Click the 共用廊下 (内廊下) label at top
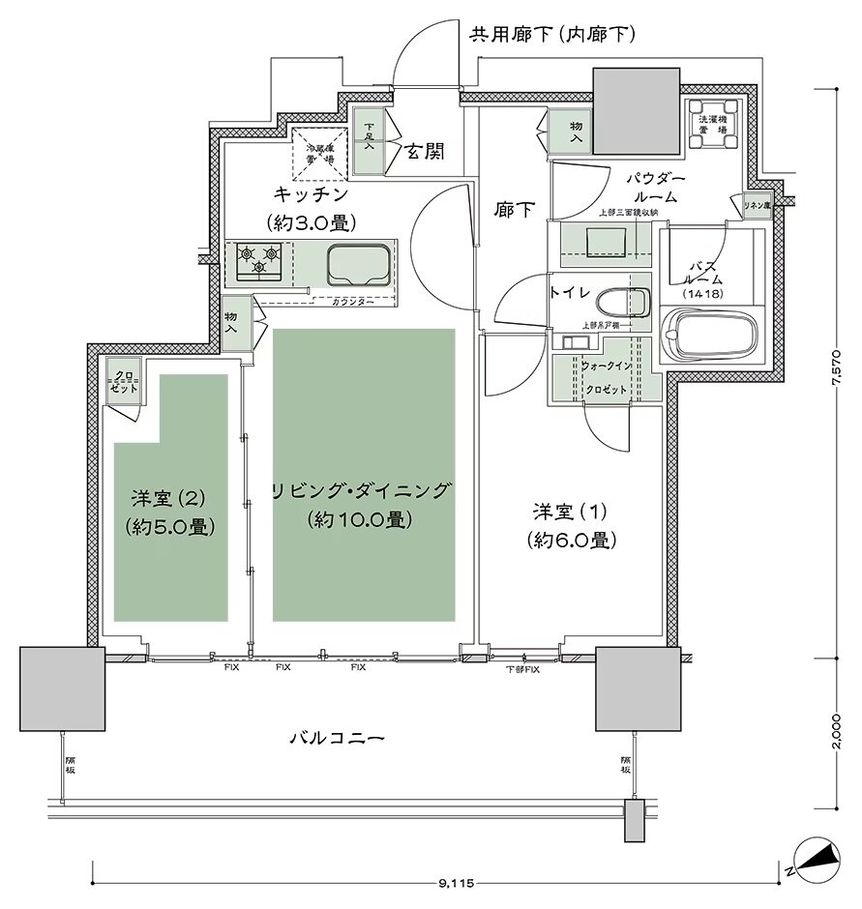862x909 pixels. (x=551, y=37)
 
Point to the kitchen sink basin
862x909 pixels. (x=357, y=262)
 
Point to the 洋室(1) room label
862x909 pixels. (x=573, y=524)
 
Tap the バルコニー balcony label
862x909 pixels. (x=338, y=738)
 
